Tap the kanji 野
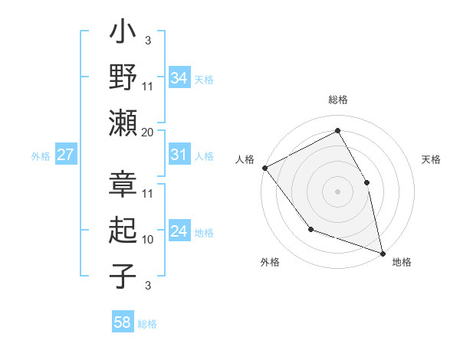[x=123, y=79]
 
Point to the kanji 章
[x=123, y=186]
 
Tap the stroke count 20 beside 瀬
[x=148, y=133]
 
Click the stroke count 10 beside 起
[x=148, y=239]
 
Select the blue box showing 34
[x=179, y=78]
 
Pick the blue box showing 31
[x=179, y=155]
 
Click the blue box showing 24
[x=179, y=232]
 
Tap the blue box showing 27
[x=65, y=155]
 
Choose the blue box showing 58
[x=123, y=323]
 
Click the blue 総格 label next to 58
[x=147, y=324]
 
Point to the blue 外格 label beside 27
[x=41, y=155]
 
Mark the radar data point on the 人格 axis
[x=264, y=168]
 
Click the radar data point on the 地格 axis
[x=382, y=252]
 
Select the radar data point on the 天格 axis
[x=366, y=182]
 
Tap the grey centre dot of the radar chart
[x=337, y=191]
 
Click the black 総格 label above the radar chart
[x=338, y=100]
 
